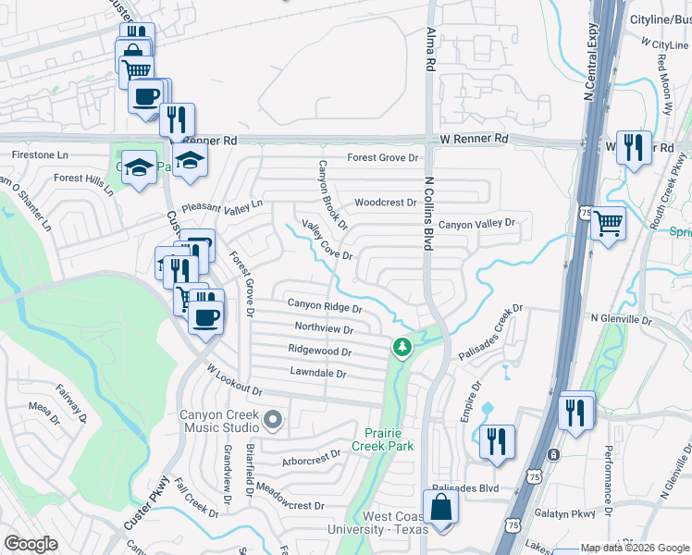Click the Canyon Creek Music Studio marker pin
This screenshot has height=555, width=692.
(x=272, y=422)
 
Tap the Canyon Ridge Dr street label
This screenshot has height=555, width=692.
(x=324, y=305)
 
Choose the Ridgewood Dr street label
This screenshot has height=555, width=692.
(x=320, y=351)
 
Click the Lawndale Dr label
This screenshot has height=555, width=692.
(x=317, y=374)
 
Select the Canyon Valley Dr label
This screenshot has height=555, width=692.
(x=476, y=225)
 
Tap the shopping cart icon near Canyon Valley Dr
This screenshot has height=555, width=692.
(x=608, y=222)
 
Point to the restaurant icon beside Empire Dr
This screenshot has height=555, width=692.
(x=498, y=442)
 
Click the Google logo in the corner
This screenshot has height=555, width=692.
(x=31, y=544)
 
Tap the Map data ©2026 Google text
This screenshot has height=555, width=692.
(x=635, y=548)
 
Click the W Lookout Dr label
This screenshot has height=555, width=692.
(x=235, y=380)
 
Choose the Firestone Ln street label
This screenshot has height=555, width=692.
(x=39, y=155)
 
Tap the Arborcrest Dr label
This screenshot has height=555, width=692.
(x=313, y=459)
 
